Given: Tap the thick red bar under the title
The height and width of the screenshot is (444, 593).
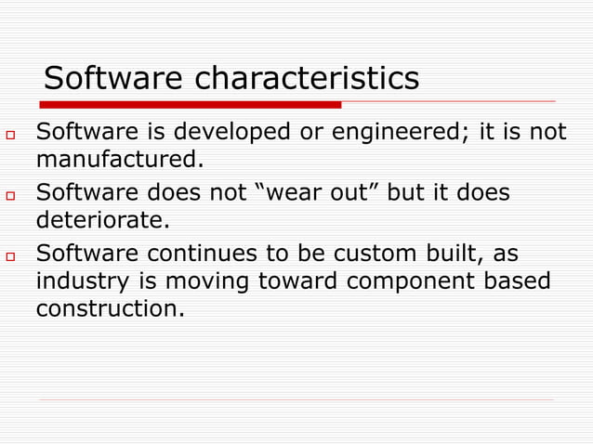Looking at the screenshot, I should click(191, 104).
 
